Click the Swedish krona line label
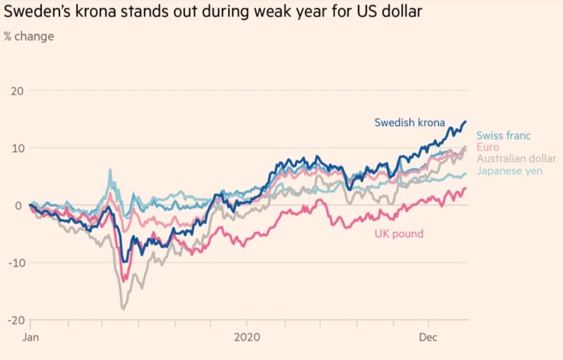click(x=409, y=122)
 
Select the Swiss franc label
click(x=504, y=136)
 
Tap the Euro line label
click(x=487, y=147)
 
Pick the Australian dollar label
click(x=516, y=159)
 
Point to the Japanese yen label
click(x=509, y=171)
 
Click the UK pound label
click(x=399, y=234)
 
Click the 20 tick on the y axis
click(x=17, y=91)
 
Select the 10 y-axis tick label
click(x=17, y=148)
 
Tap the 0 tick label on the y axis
click(x=19, y=205)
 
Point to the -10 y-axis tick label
click(x=15, y=262)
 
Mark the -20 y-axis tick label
click(x=15, y=320)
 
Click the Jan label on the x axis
click(x=31, y=337)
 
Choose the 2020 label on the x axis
click(x=246, y=337)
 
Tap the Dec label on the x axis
click(x=429, y=337)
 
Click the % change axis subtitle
click(x=29, y=36)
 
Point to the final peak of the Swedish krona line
click(x=465, y=122)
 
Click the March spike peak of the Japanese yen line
click(x=110, y=169)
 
